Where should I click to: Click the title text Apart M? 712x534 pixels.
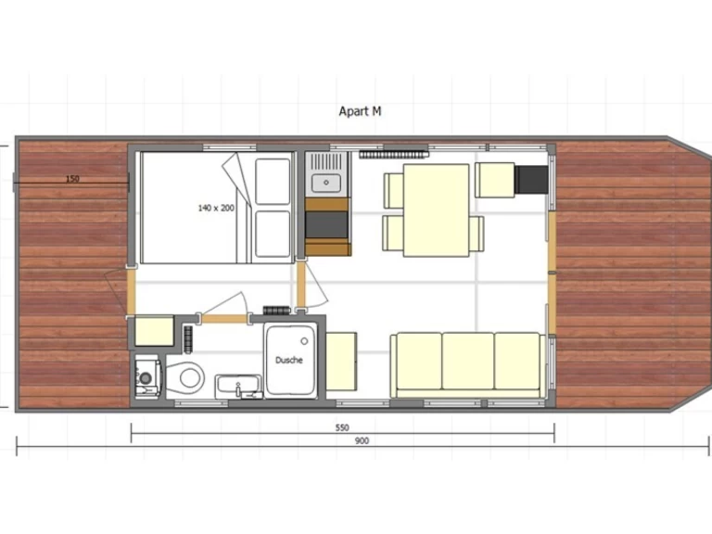[x=360, y=111]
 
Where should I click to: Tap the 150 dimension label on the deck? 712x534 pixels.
[x=72, y=178]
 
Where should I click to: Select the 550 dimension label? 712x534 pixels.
[x=342, y=427]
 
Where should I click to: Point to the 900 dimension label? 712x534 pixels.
[x=362, y=441]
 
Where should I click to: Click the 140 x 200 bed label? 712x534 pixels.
[x=216, y=208]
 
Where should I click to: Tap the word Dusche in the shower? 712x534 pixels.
[x=289, y=360]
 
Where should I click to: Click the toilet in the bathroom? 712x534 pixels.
[x=185, y=377]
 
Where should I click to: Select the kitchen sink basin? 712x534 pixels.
[x=326, y=183]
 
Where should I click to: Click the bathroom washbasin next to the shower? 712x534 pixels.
[x=238, y=387]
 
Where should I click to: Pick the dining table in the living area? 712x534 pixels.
[x=436, y=210]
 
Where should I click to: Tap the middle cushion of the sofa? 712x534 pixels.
[x=467, y=361]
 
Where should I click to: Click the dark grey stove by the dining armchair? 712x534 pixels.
[x=531, y=180]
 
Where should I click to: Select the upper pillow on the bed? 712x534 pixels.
[x=273, y=182]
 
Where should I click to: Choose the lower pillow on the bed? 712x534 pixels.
[x=273, y=235]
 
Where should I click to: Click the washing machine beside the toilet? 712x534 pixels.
[x=148, y=377]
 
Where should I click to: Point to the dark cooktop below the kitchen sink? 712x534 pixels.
[x=326, y=224]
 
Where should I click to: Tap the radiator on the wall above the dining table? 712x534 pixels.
[x=394, y=155]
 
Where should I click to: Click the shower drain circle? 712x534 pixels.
[x=304, y=341]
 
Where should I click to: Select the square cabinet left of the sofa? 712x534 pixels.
[x=341, y=361]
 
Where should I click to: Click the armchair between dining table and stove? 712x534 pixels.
[x=495, y=180]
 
